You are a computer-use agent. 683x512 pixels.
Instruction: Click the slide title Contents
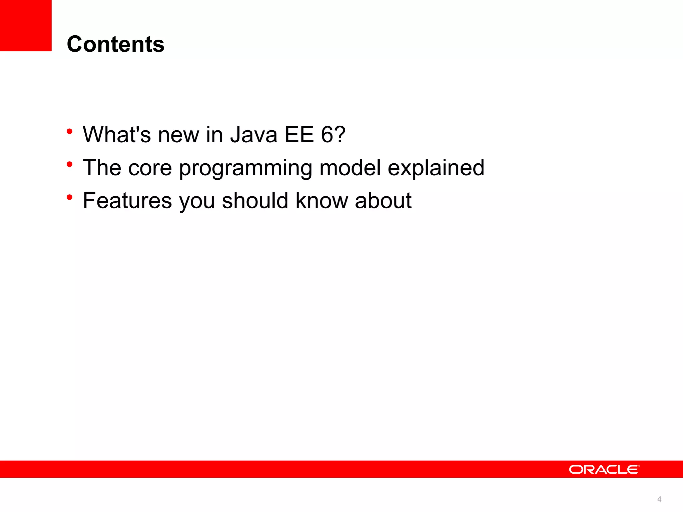115,44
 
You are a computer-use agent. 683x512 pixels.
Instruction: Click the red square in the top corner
26,25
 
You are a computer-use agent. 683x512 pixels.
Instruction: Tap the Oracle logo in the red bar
604,469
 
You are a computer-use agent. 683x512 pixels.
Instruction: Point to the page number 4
659,499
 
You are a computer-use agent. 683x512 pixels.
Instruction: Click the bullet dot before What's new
69,131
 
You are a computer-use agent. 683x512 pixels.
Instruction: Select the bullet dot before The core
69,164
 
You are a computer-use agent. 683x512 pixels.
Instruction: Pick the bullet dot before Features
69,197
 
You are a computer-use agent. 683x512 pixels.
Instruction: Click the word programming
245,168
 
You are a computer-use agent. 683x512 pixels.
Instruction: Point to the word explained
436,168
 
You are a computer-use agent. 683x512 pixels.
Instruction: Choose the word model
350,168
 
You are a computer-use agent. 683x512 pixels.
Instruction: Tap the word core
150,168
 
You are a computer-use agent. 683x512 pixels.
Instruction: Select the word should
255,201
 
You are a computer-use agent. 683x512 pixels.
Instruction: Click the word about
383,201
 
